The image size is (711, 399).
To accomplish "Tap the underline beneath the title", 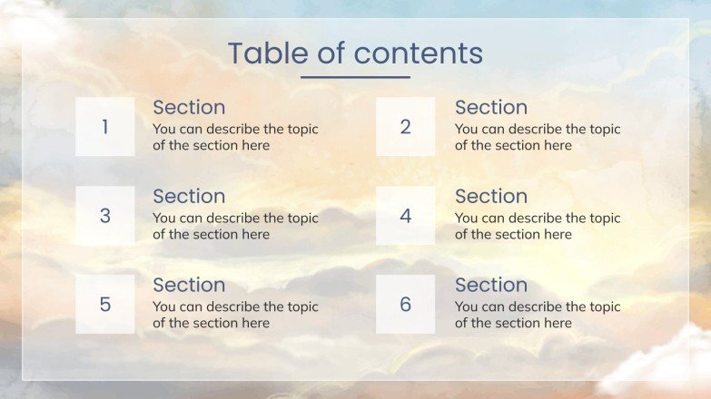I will click(x=355, y=77).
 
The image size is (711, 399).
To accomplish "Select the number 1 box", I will click(x=104, y=127).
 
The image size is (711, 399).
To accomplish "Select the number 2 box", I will click(x=405, y=127).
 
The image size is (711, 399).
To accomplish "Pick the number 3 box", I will click(x=104, y=216).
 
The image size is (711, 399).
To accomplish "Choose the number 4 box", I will click(x=405, y=216).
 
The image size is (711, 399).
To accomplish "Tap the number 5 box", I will click(x=104, y=305).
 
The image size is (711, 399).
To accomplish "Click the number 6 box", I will click(x=405, y=305).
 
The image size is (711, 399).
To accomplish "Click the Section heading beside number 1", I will click(x=189, y=108).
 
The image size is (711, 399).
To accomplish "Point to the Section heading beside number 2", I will click(x=491, y=108).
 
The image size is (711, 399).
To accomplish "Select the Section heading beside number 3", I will click(x=189, y=197).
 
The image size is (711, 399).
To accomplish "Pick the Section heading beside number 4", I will click(x=491, y=197).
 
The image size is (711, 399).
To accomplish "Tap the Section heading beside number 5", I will click(x=189, y=286).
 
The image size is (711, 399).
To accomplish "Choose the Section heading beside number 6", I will click(x=491, y=286).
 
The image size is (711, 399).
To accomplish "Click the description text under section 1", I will click(x=235, y=137).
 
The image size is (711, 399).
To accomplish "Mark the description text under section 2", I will click(x=538, y=137).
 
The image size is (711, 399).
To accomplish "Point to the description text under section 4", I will click(x=538, y=226).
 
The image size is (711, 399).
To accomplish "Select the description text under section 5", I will click(x=235, y=315).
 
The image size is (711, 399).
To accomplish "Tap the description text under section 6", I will click(x=538, y=315).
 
